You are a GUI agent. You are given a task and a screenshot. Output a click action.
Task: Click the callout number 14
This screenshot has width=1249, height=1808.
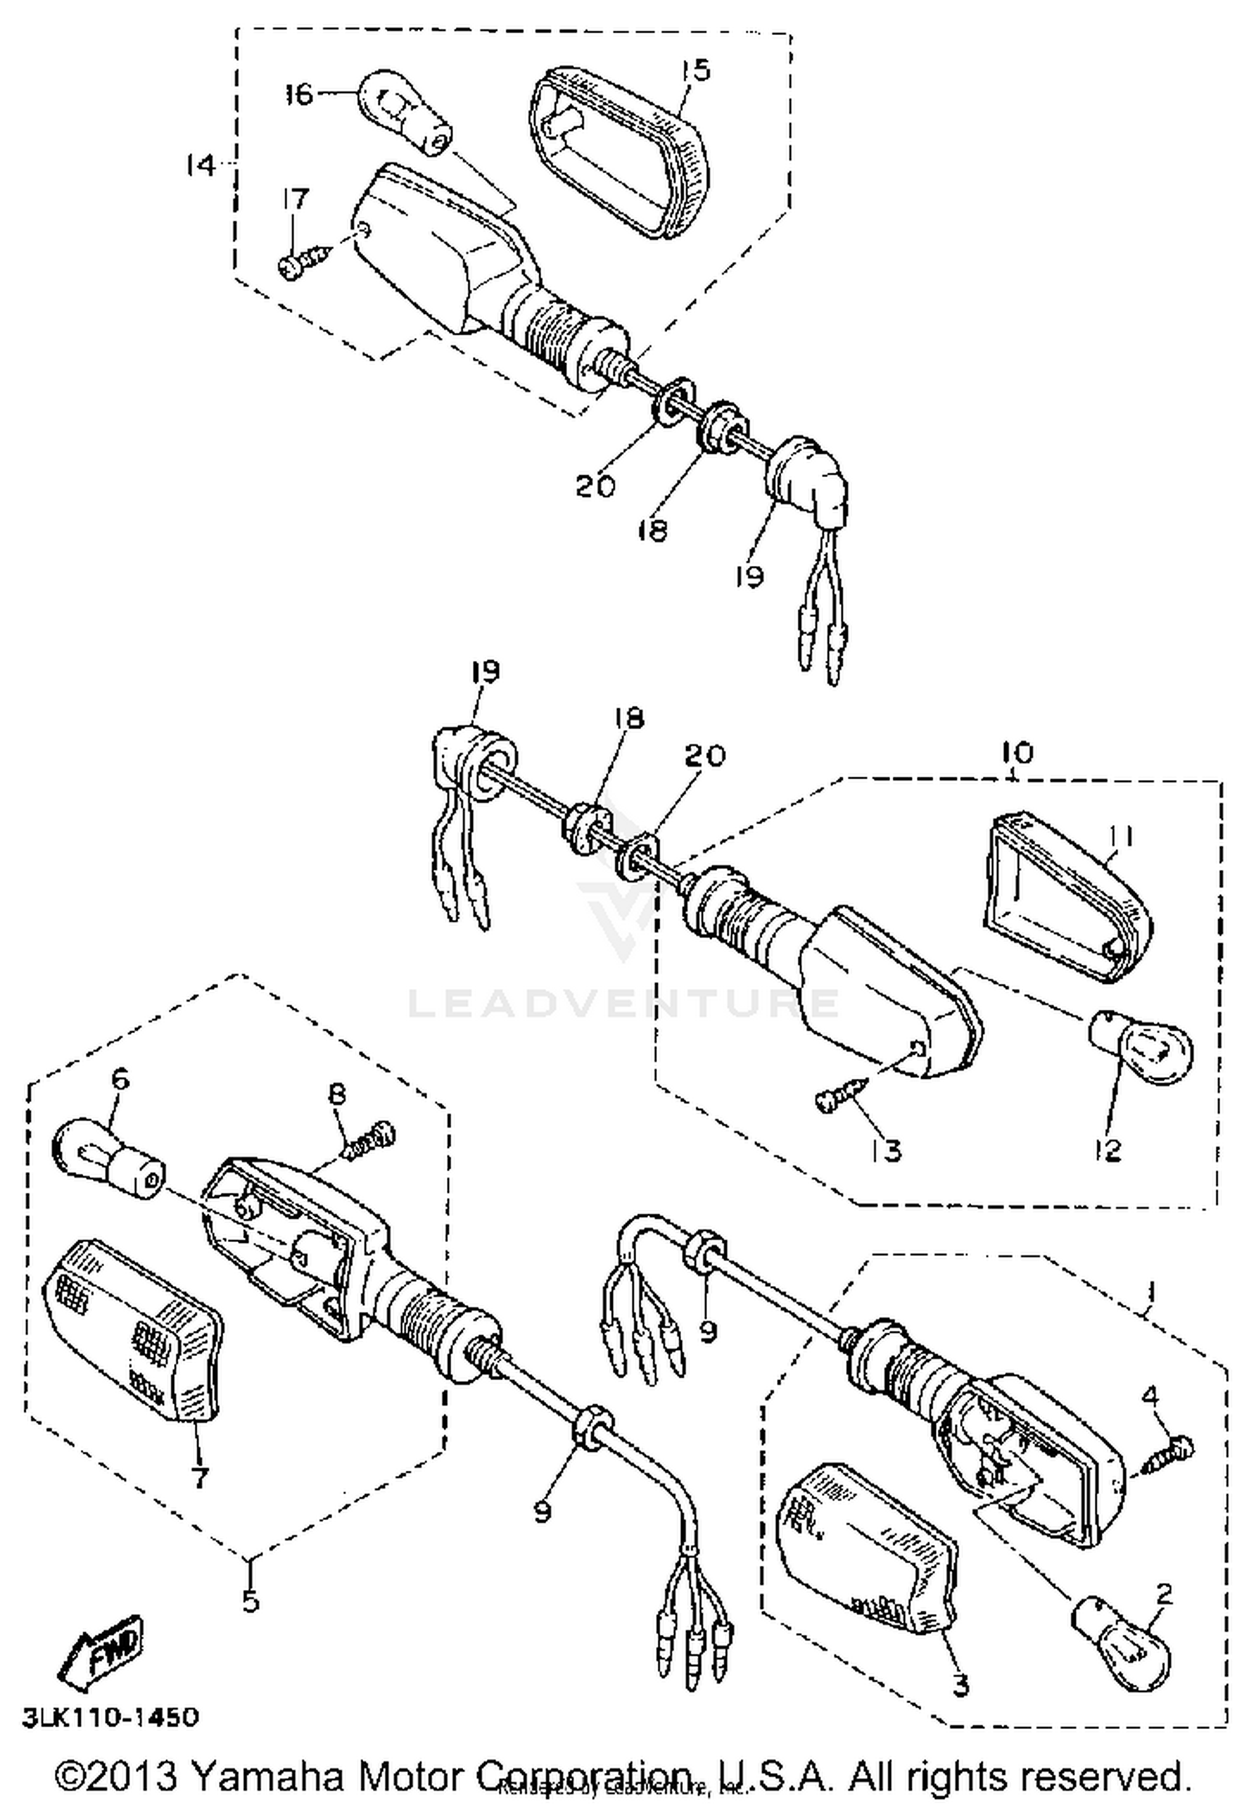pyautogui.click(x=200, y=166)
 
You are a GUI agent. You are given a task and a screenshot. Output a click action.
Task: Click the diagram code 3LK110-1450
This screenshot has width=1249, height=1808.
pyautogui.click(x=110, y=1716)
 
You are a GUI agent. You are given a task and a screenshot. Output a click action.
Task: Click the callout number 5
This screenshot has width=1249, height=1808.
pyautogui.click(x=251, y=1600)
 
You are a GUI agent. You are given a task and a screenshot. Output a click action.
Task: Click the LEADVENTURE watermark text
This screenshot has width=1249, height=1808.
pyautogui.click(x=623, y=1003)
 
